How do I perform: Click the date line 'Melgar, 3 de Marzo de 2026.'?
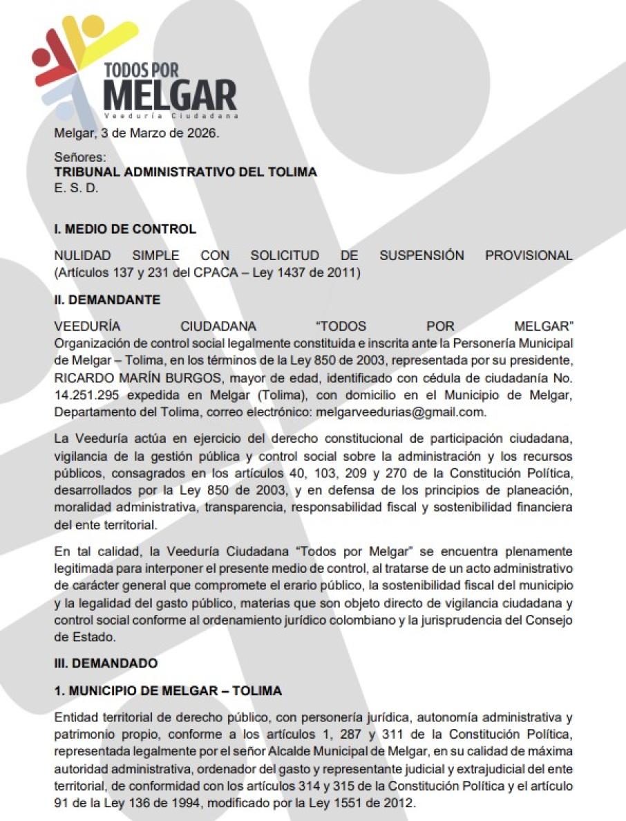coord(137,133)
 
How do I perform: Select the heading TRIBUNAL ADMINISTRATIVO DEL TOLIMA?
coord(185,172)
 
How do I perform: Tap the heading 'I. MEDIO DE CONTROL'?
coord(125,229)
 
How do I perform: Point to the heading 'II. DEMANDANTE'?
coord(107,299)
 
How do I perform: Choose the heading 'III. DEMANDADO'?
coord(106,663)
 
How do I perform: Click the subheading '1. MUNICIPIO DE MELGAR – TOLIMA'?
coord(168,691)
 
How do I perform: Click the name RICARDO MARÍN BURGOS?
coord(118,382)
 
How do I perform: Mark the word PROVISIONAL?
coord(529,255)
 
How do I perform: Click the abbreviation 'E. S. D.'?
coord(76,187)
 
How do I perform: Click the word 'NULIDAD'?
coord(82,255)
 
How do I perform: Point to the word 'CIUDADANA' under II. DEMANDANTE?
coord(218,326)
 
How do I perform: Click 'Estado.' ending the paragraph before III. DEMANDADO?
coord(76,636)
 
